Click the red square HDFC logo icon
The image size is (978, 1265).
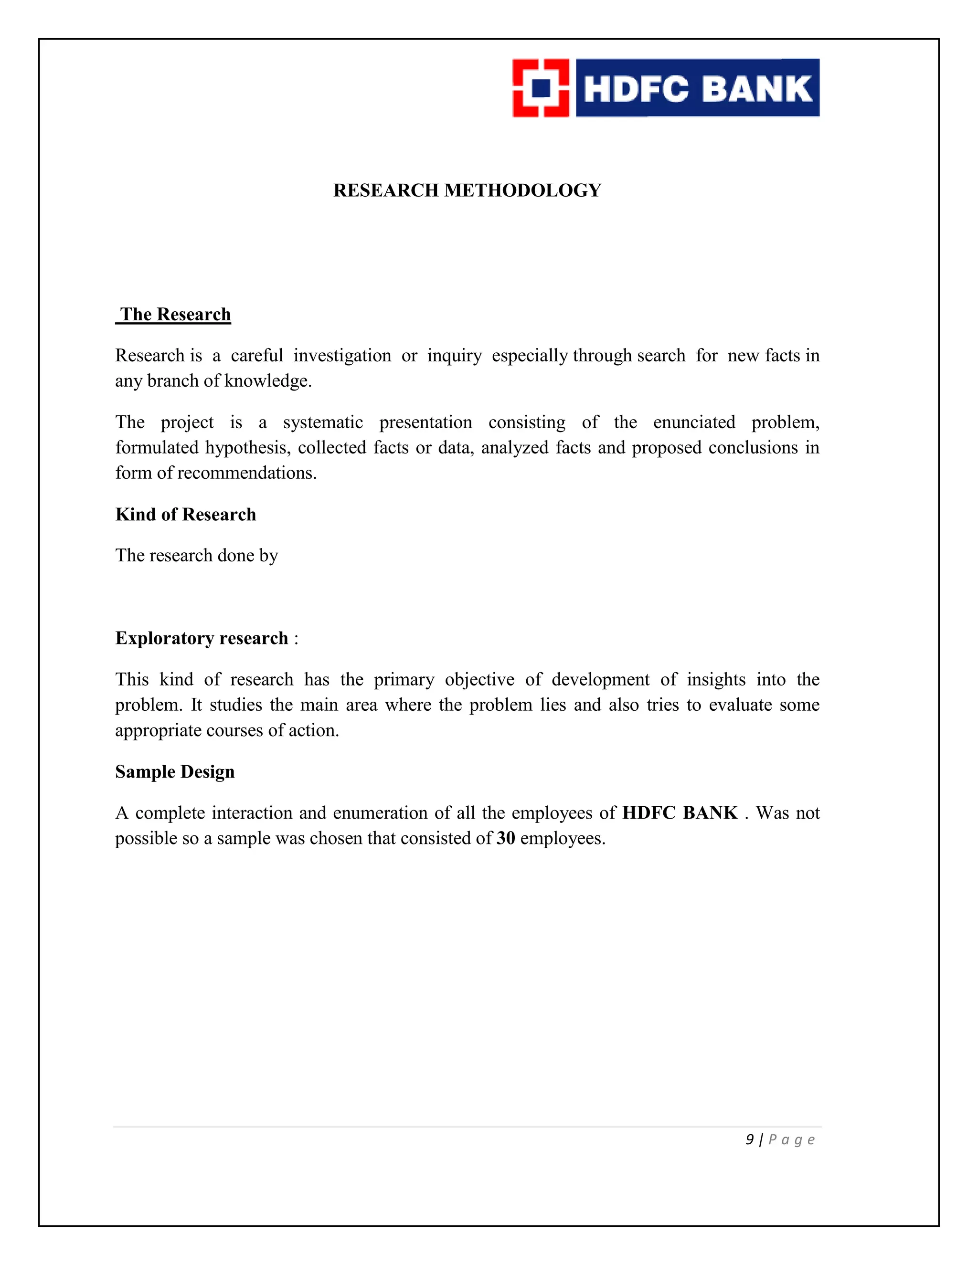click(x=541, y=88)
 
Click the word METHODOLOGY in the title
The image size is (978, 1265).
click(x=522, y=190)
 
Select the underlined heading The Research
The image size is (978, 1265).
click(x=175, y=315)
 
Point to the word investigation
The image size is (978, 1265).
click(x=342, y=355)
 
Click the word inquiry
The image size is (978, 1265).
click(x=454, y=355)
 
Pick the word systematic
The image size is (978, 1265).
click(x=323, y=422)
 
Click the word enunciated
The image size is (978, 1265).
click(x=693, y=422)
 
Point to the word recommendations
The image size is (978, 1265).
click(x=247, y=473)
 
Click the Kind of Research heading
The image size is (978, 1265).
click(x=185, y=514)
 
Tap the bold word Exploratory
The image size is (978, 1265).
click(x=165, y=638)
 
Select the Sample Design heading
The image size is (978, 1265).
click(x=175, y=771)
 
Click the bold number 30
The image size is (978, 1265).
click(x=506, y=838)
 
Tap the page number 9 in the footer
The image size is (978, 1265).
click(x=750, y=1140)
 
